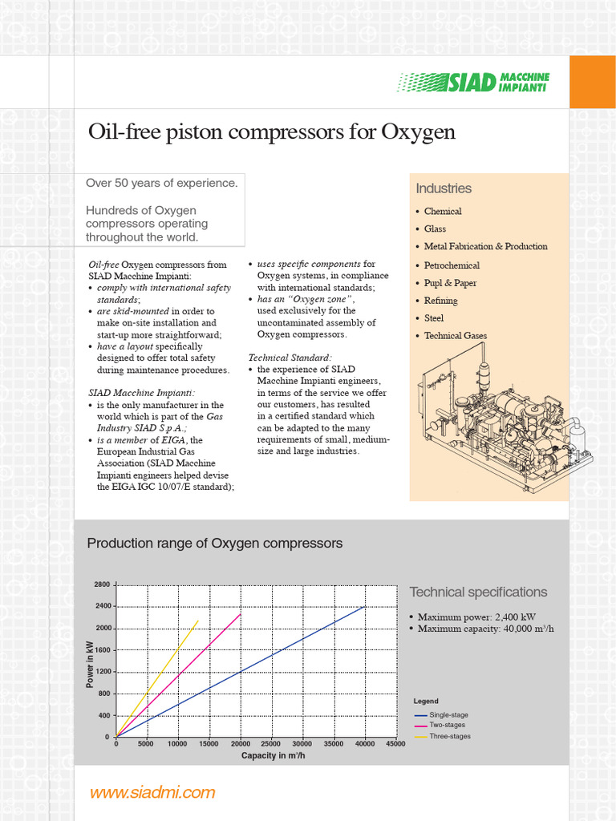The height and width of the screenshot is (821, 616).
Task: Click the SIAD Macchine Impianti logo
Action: click(474, 81)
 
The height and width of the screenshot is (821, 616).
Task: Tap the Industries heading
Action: click(444, 188)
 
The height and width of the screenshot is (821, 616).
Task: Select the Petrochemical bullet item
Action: click(452, 265)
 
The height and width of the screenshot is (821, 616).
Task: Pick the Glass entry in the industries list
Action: click(435, 229)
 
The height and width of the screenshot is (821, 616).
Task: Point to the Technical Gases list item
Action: click(455, 336)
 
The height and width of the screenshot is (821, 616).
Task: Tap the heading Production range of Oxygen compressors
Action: click(214, 544)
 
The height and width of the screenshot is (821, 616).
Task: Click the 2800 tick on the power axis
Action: click(102, 584)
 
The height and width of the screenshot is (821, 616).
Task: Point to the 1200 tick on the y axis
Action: click(102, 672)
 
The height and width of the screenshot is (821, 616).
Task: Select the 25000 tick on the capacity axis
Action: click(271, 744)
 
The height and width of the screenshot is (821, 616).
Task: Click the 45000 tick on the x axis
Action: click(395, 744)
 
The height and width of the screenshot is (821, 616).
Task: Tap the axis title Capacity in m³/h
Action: click(273, 755)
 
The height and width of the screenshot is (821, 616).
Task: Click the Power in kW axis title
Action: click(90, 663)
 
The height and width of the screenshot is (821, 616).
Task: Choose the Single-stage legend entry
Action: click(448, 714)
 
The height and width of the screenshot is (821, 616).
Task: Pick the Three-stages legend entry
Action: click(449, 736)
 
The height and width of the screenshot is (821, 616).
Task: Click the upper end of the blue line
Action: click(365, 607)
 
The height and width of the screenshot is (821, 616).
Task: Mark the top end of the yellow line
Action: click(198, 620)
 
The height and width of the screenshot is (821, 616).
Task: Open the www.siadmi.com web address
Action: click(152, 793)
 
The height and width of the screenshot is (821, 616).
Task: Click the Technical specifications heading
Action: click(478, 592)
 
